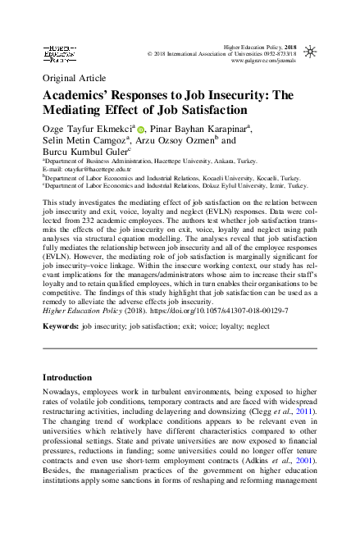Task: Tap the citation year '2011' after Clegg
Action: [x=305, y=409]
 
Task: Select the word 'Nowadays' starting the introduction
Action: [x=62, y=393]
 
